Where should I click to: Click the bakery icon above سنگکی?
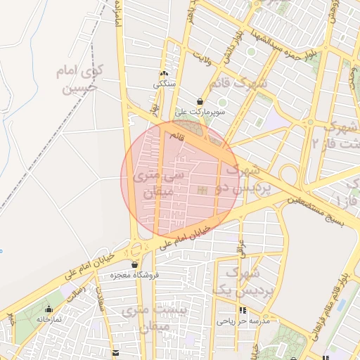[165, 74]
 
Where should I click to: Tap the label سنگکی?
[165, 84]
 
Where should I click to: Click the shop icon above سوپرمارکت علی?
[200, 102]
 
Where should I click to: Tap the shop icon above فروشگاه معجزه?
[134, 265]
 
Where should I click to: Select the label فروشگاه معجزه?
[134, 275]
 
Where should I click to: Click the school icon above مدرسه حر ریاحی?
[243, 310]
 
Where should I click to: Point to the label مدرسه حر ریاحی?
[243, 321]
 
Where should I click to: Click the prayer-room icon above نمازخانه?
[49, 309]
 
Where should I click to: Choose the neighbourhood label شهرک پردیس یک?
[233, 281]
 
